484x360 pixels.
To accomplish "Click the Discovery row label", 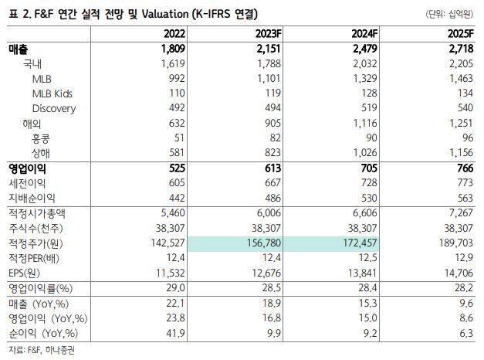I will pyautogui.click(x=54, y=109).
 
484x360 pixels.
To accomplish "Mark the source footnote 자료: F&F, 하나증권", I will pyautogui.click(x=42, y=350).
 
